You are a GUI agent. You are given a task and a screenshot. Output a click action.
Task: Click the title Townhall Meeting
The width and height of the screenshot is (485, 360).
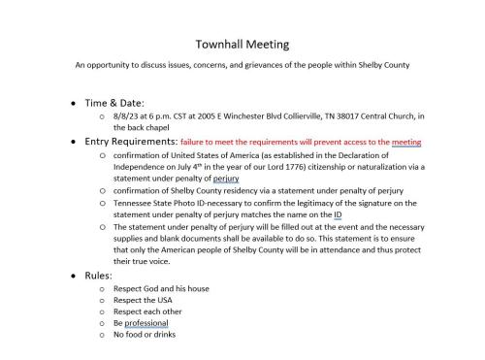(x=242, y=44)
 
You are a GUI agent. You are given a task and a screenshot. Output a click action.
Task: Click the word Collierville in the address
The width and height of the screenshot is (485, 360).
(x=283, y=116)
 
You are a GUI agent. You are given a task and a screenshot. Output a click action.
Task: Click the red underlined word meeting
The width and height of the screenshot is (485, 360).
(x=416, y=142)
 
